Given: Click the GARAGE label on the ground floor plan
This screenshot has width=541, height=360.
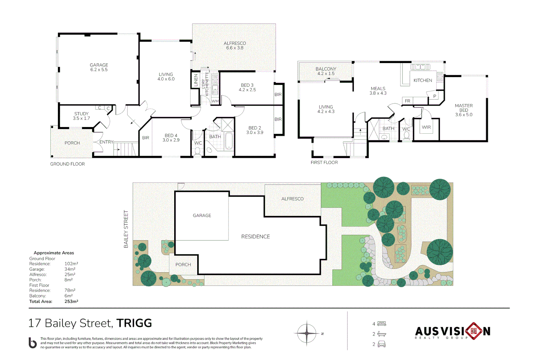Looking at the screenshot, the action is pyautogui.click(x=99, y=65).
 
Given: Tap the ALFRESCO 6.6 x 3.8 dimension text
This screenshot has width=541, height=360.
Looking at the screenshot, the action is pyautogui.click(x=235, y=48).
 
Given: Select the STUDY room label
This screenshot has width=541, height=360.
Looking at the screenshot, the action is pyautogui.click(x=81, y=114).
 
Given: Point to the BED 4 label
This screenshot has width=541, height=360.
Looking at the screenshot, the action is pyautogui.click(x=171, y=136).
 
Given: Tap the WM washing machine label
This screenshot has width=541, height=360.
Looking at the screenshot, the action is pyautogui.click(x=215, y=101).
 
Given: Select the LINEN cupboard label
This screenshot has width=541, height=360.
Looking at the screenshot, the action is pyautogui.click(x=196, y=80).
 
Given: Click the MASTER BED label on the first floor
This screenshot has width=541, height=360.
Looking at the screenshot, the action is pyautogui.click(x=464, y=108).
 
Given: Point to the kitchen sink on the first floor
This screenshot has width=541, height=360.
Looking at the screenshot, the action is pyautogui.click(x=420, y=67).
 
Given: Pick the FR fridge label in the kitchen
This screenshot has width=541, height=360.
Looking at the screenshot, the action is pyautogui.click(x=407, y=101).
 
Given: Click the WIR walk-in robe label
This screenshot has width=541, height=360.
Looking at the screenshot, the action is pyautogui.click(x=426, y=127).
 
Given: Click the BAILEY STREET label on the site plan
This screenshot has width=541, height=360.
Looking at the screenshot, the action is pyautogui.click(x=126, y=229).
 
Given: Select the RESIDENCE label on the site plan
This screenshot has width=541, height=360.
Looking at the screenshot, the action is pyautogui.click(x=256, y=237).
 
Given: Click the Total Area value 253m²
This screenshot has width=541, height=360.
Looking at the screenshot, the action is pyautogui.click(x=71, y=301).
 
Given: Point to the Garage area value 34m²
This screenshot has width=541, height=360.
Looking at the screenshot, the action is pyautogui.click(x=70, y=269).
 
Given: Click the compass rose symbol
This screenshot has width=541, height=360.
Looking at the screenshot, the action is pyautogui.click(x=307, y=333).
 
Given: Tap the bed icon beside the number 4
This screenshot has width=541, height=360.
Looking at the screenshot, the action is pyautogui.click(x=382, y=324).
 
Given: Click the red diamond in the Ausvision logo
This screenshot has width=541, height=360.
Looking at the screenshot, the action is pyautogui.click(x=474, y=331).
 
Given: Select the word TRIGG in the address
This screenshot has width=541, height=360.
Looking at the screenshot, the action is pyautogui.click(x=134, y=323).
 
